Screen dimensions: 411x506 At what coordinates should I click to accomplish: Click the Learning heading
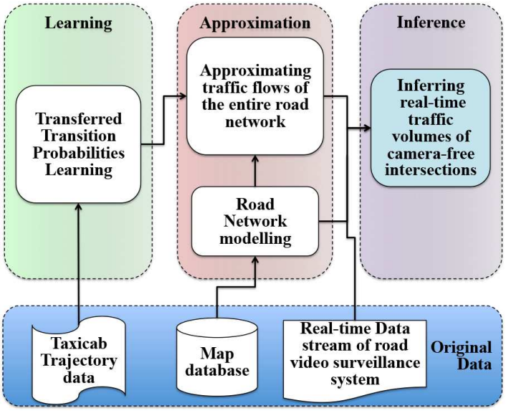(x=78, y=23)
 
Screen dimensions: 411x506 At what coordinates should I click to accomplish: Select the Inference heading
(x=430, y=22)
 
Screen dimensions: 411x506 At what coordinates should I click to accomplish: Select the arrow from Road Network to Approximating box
(x=255, y=171)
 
